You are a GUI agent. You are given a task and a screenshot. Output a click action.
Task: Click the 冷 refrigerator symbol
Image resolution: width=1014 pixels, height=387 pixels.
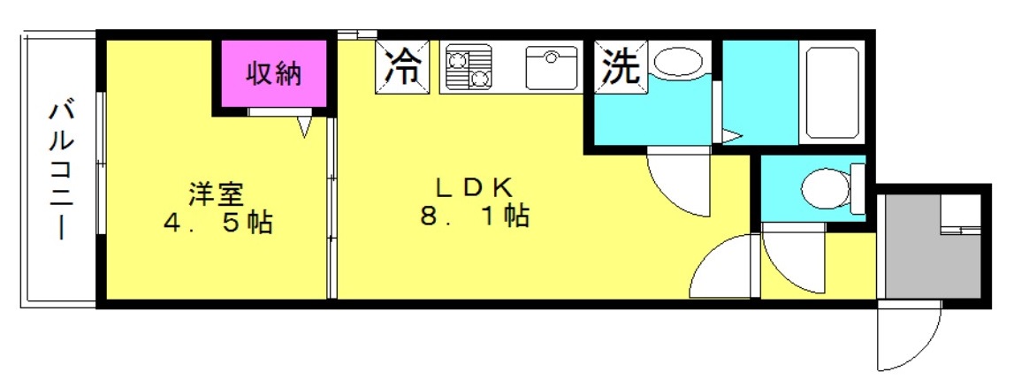[402, 66]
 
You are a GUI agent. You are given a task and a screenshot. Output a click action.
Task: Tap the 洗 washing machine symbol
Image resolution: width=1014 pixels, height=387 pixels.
[621, 66]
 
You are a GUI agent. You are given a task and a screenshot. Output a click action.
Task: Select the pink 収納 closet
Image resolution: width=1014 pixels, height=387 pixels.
[274, 73]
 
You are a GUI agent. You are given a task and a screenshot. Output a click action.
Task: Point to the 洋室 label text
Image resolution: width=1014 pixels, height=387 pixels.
[216, 193]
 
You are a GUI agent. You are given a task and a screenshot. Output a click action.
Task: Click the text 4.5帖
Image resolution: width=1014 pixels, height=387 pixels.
[217, 223]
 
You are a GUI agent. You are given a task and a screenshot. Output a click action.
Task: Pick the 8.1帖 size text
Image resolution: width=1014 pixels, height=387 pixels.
[476, 216]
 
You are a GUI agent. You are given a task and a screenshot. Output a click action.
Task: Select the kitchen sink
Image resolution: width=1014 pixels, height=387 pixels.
[551, 67]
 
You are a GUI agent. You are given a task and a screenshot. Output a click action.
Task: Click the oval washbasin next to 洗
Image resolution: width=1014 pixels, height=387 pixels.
[678, 62]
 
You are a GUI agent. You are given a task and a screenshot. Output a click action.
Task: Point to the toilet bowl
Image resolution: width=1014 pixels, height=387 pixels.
[825, 189]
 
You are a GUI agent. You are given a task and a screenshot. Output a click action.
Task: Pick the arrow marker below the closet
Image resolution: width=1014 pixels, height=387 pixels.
[306, 126]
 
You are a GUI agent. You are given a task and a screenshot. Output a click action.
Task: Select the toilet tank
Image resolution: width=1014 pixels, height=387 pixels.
[858, 189]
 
